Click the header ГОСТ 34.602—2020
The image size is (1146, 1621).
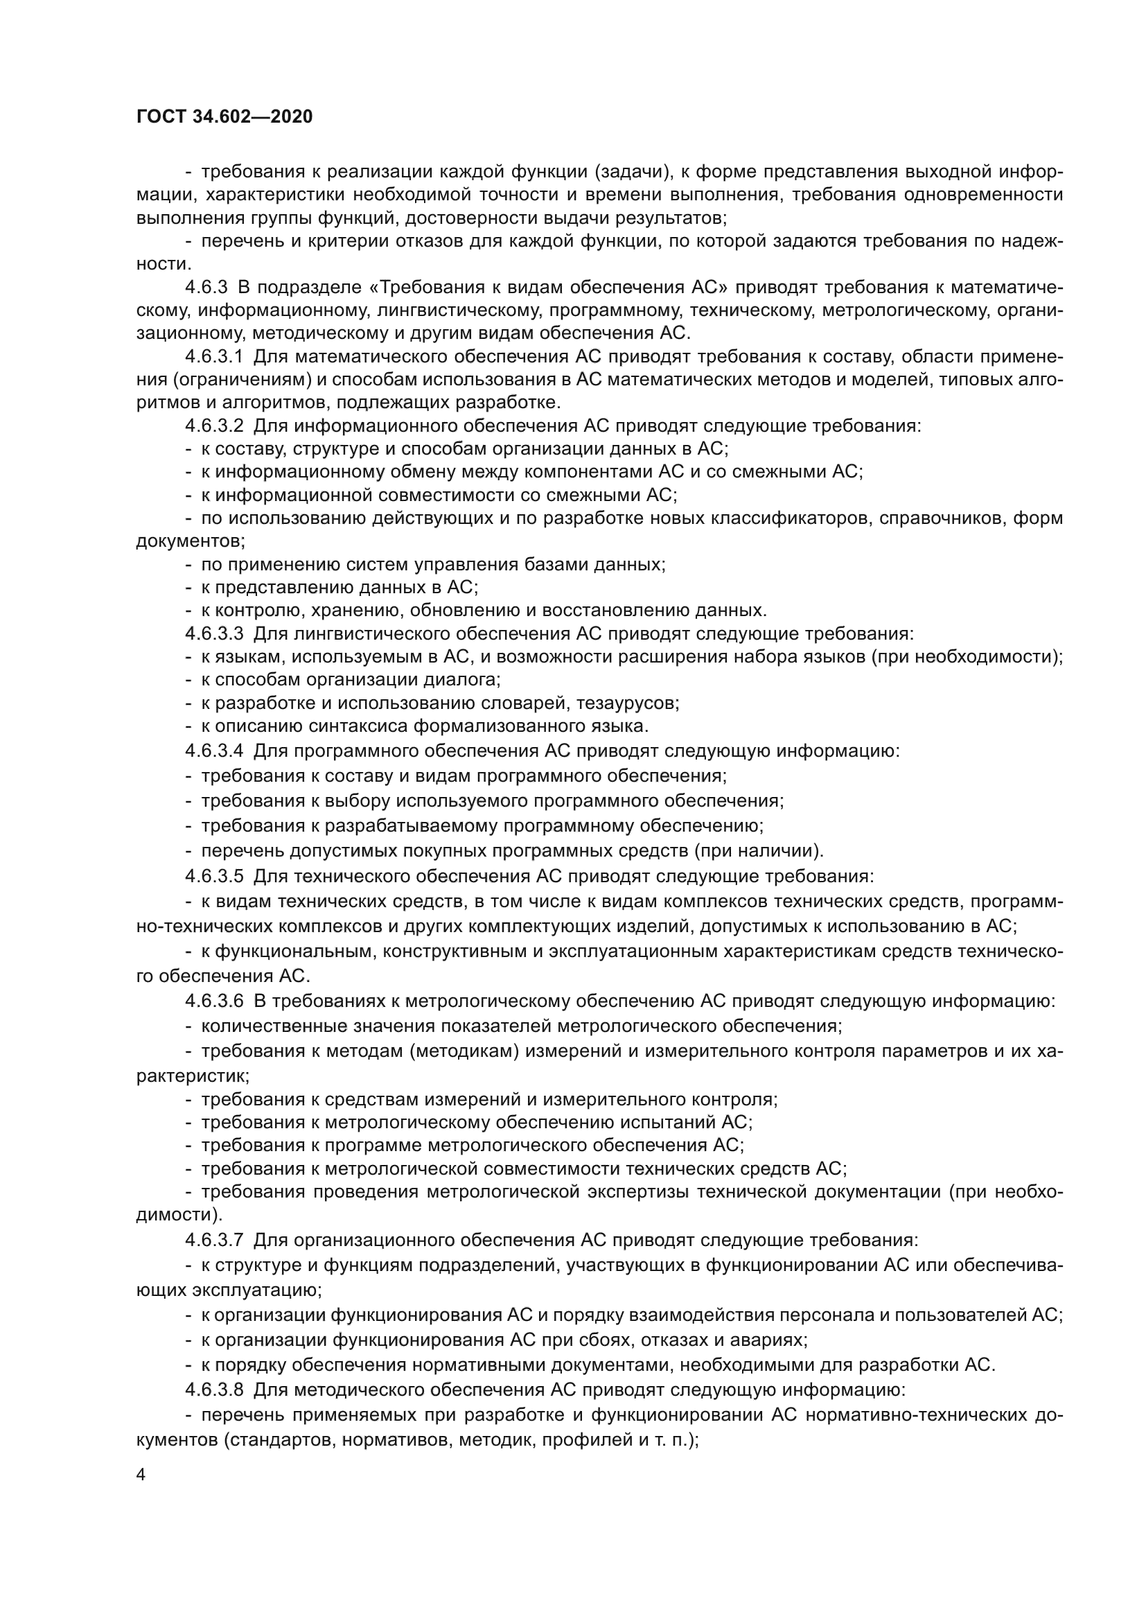click(x=224, y=117)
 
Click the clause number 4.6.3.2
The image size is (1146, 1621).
click(x=214, y=426)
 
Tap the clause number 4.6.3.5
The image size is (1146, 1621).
click(x=214, y=876)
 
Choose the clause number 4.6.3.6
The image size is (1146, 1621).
click(x=214, y=1001)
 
